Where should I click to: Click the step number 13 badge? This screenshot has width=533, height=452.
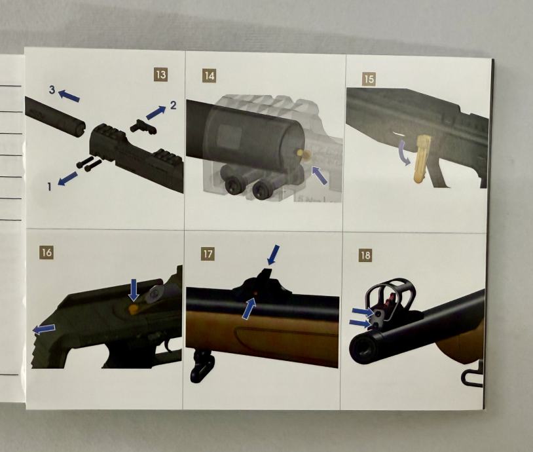[x=161, y=74]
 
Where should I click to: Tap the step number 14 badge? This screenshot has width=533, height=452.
[x=210, y=75]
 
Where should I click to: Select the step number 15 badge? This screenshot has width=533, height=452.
[x=369, y=79]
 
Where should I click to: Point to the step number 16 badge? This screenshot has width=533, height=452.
[x=46, y=253]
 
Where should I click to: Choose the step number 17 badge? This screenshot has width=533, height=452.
[x=208, y=254]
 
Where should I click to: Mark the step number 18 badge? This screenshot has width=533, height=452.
[x=365, y=255]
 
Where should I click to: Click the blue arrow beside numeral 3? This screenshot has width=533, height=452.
[x=69, y=95]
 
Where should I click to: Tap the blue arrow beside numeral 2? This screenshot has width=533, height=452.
[x=156, y=113]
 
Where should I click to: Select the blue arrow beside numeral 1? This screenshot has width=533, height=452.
[x=67, y=178]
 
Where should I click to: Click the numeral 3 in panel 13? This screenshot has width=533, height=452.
[x=52, y=90]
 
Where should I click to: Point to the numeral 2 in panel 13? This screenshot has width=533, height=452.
[x=174, y=105]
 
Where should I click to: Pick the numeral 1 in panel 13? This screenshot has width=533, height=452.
[x=50, y=187]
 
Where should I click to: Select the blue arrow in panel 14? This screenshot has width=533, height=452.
[x=319, y=175]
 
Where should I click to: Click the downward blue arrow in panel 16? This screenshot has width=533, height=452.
[x=134, y=290]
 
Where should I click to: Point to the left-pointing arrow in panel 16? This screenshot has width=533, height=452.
[x=44, y=329]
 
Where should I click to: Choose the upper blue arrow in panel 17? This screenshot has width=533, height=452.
[x=273, y=255]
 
